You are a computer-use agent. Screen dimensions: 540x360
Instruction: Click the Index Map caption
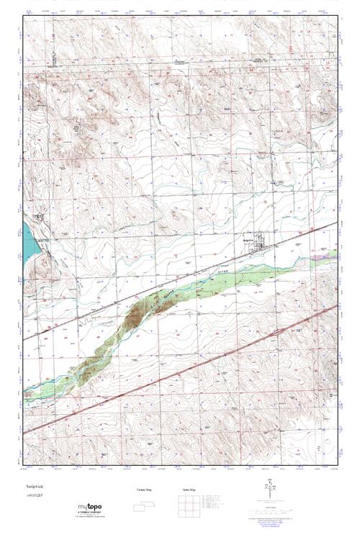189,490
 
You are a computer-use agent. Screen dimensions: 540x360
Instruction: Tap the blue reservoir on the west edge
28,241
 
